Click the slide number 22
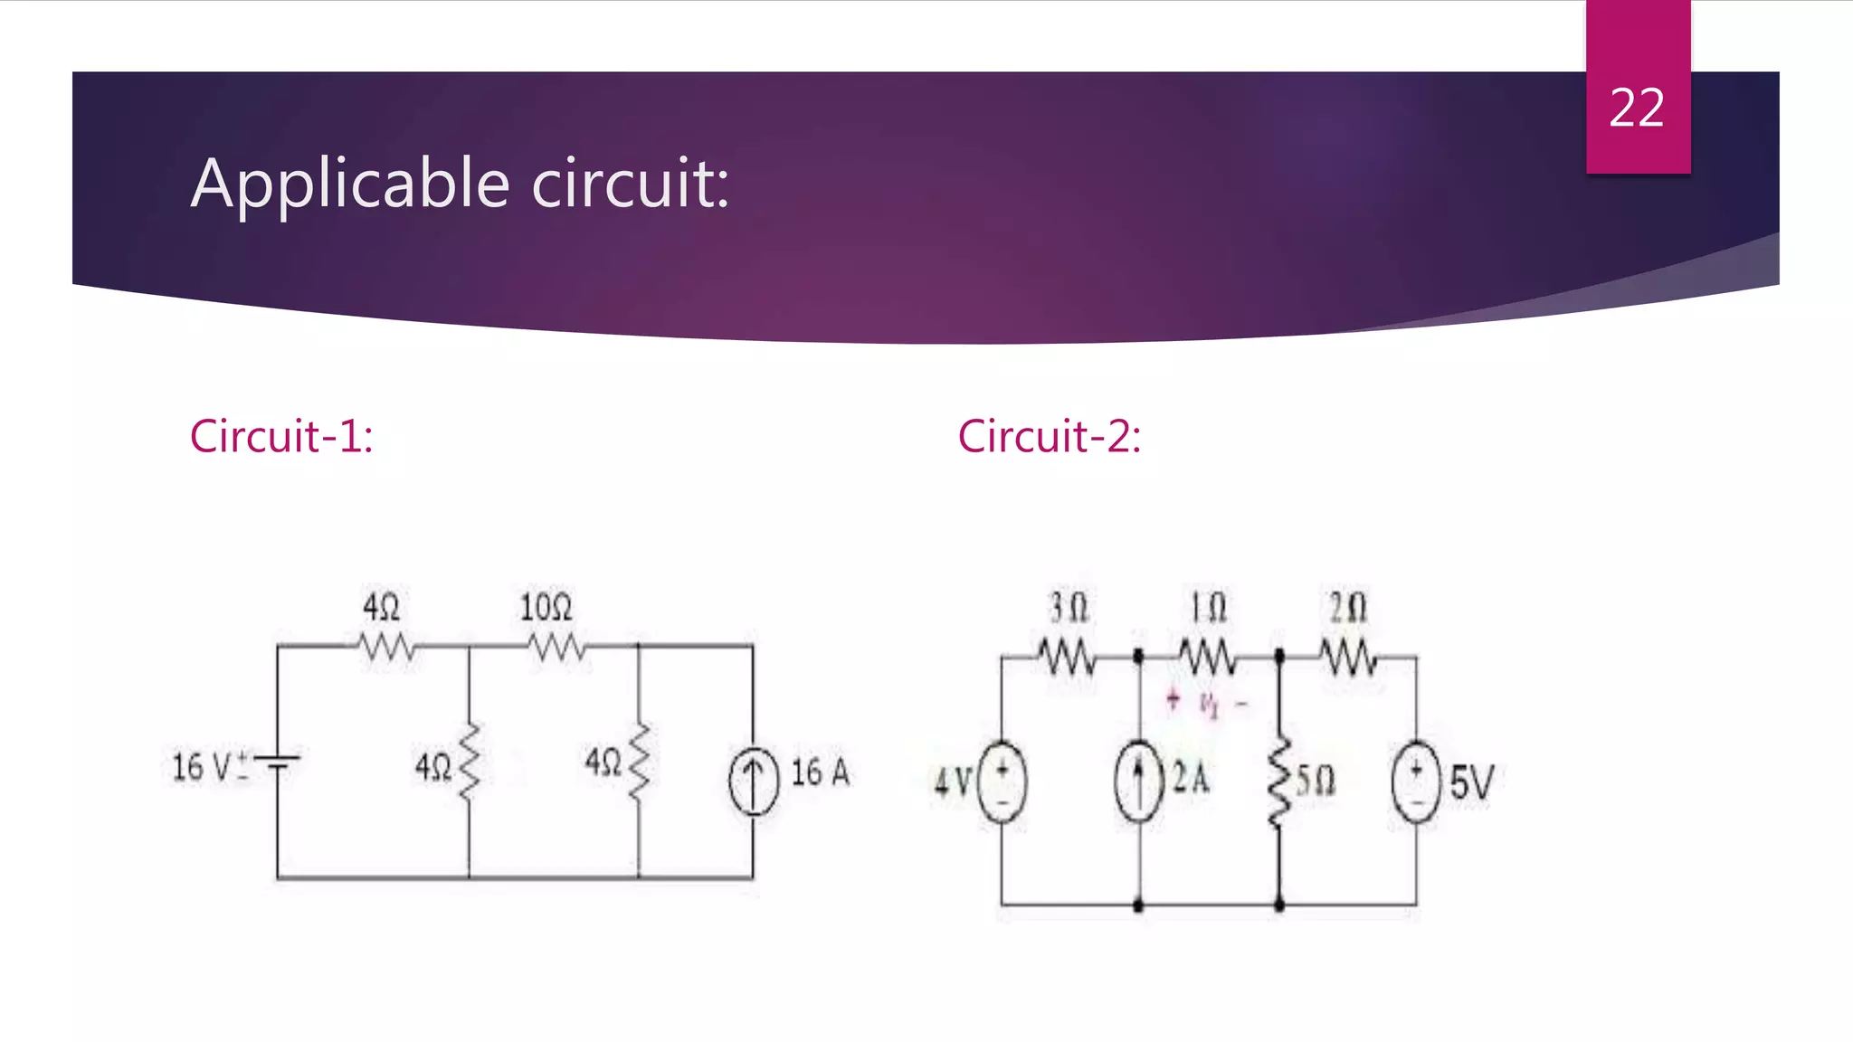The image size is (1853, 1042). click(x=1637, y=109)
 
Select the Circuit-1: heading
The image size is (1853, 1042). click(x=281, y=436)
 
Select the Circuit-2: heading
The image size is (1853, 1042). click(x=1050, y=436)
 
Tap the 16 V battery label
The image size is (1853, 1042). click(x=203, y=767)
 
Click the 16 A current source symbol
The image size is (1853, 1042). click(x=753, y=781)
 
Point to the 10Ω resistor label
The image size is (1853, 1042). click(x=546, y=607)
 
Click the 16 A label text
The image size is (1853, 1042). click(x=821, y=772)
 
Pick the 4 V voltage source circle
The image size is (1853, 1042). click(x=1002, y=781)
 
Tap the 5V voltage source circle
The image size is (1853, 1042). click(x=1416, y=781)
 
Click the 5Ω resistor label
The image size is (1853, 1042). click(x=1316, y=780)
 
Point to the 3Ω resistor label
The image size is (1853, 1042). click(x=1069, y=608)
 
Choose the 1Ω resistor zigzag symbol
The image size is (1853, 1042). click(x=1208, y=657)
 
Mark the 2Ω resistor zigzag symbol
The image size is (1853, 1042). click(x=1348, y=657)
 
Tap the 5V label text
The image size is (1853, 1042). click(x=1471, y=782)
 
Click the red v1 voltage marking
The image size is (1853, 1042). click(x=1209, y=703)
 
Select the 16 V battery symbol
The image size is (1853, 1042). click(x=278, y=763)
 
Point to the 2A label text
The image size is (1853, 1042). click(x=1191, y=778)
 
